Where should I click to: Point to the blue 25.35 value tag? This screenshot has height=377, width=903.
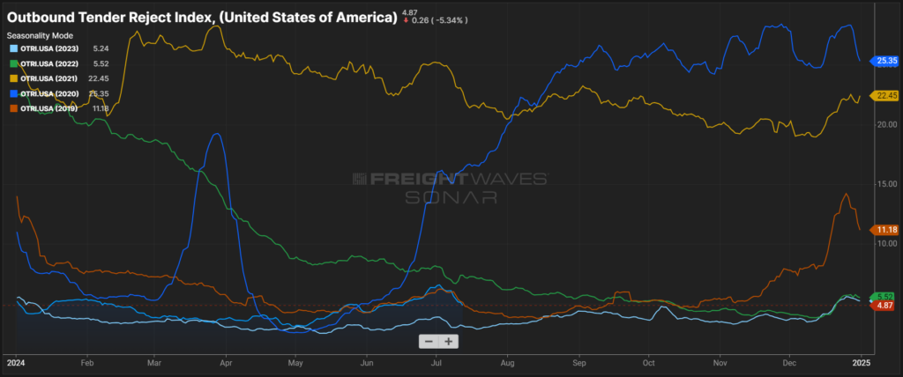pyautogui.click(x=884, y=61)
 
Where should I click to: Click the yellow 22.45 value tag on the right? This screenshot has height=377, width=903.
pyautogui.click(x=884, y=95)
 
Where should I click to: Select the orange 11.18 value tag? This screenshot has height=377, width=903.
pyautogui.click(x=884, y=229)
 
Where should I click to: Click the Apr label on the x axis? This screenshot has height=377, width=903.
pyautogui.click(x=226, y=361)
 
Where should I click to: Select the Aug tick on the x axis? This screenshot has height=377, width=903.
pyautogui.click(x=506, y=361)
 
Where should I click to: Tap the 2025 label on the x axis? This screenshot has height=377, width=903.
pyautogui.click(x=862, y=361)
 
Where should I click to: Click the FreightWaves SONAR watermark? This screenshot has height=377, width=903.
pyautogui.click(x=450, y=188)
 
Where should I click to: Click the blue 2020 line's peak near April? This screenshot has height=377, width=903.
pyautogui.click(x=217, y=134)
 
